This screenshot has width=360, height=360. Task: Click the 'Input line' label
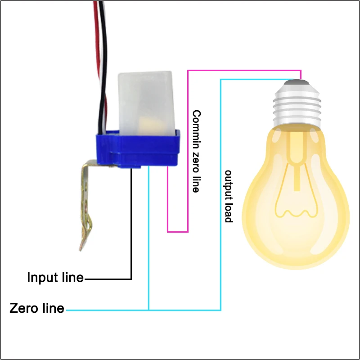[55, 277]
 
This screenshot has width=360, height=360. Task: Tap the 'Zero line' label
[37, 309]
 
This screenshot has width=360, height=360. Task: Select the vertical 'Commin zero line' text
[196, 151]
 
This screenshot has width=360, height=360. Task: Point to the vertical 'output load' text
[229, 196]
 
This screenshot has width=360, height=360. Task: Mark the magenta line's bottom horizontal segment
[178, 232]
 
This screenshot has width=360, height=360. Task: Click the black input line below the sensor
[131, 225]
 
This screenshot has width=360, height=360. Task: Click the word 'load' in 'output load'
[229, 213]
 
